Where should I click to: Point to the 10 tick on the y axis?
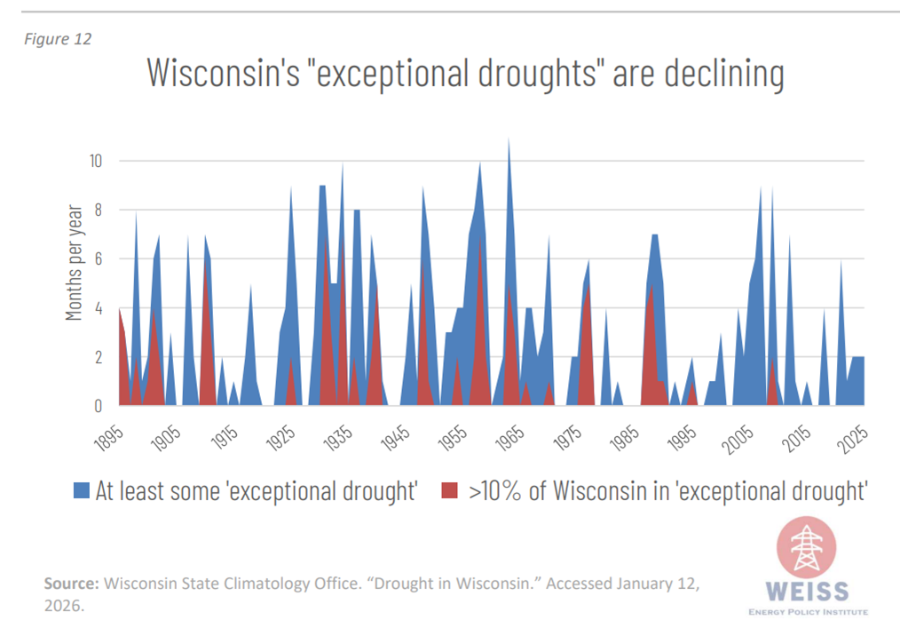click(95, 162)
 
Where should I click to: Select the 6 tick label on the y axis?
click(99, 259)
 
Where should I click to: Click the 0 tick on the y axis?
click(99, 406)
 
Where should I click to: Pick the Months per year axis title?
click(75, 263)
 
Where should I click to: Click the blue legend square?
click(82, 489)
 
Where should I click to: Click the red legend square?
click(449, 489)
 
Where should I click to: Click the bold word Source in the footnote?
click(72, 584)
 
